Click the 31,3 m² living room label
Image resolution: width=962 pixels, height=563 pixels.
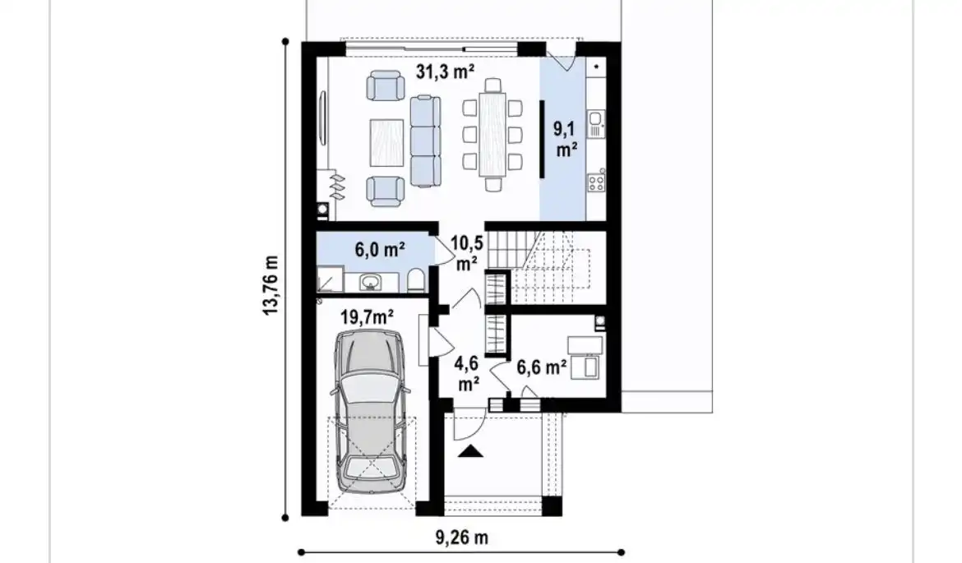(x=445, y=72)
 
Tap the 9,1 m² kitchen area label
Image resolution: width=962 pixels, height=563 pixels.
(x=567, y=139)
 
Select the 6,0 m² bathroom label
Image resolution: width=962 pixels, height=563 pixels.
(x=380, y=250)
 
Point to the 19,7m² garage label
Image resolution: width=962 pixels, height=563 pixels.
(x=367, y=317)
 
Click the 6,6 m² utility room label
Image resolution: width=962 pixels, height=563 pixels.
(x=541, y=367)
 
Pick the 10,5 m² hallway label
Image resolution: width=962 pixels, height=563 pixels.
(x=467, y=252)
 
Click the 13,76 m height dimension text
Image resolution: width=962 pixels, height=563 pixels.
(x=271, y=286)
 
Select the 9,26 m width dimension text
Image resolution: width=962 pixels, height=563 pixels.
(x=462, y=538)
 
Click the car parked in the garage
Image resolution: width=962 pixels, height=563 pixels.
(x=368, y=411)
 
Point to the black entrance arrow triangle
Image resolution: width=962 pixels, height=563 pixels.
(x=470, y=451)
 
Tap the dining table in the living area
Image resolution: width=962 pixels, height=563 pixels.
(x=493, y=134)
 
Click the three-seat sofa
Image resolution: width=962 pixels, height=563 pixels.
(x=425, y=141)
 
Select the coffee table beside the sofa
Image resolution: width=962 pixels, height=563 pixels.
(x=386, y=143)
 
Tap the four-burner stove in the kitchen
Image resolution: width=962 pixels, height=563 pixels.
(x=596, y=182)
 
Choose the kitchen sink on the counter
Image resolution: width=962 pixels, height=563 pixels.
(x=596, y=124)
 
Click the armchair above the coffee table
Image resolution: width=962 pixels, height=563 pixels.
(x=386, y=85)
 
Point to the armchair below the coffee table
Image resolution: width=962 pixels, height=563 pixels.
(x=386, y=191)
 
